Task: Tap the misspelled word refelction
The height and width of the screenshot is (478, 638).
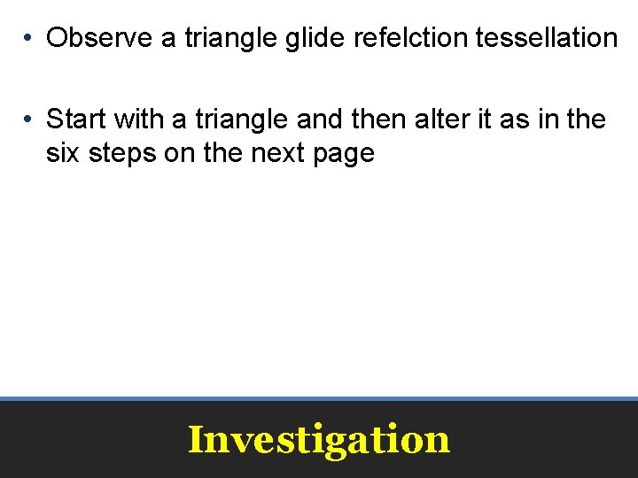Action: [x=410, y=38]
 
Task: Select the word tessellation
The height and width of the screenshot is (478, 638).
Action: [x=547, y=38]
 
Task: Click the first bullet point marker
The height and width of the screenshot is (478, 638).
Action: [x=29, y=39]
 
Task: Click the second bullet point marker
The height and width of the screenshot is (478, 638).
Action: [x=29, y=119]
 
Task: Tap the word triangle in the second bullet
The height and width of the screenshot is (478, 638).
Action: [x=235, y=118]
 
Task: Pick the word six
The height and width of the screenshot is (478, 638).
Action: [x=63, y=153]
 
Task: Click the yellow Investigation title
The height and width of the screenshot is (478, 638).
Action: [x=319, y=439]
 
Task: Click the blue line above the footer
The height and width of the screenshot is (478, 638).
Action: [x=319, y=398]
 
